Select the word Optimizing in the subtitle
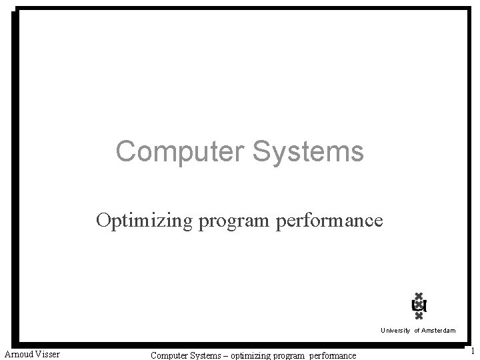145,221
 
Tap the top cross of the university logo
419,296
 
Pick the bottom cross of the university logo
419,317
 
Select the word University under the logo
395,331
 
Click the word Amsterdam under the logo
438,331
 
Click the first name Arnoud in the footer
21,354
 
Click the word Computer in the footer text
169,355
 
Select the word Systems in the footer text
207,355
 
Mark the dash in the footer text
226,355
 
